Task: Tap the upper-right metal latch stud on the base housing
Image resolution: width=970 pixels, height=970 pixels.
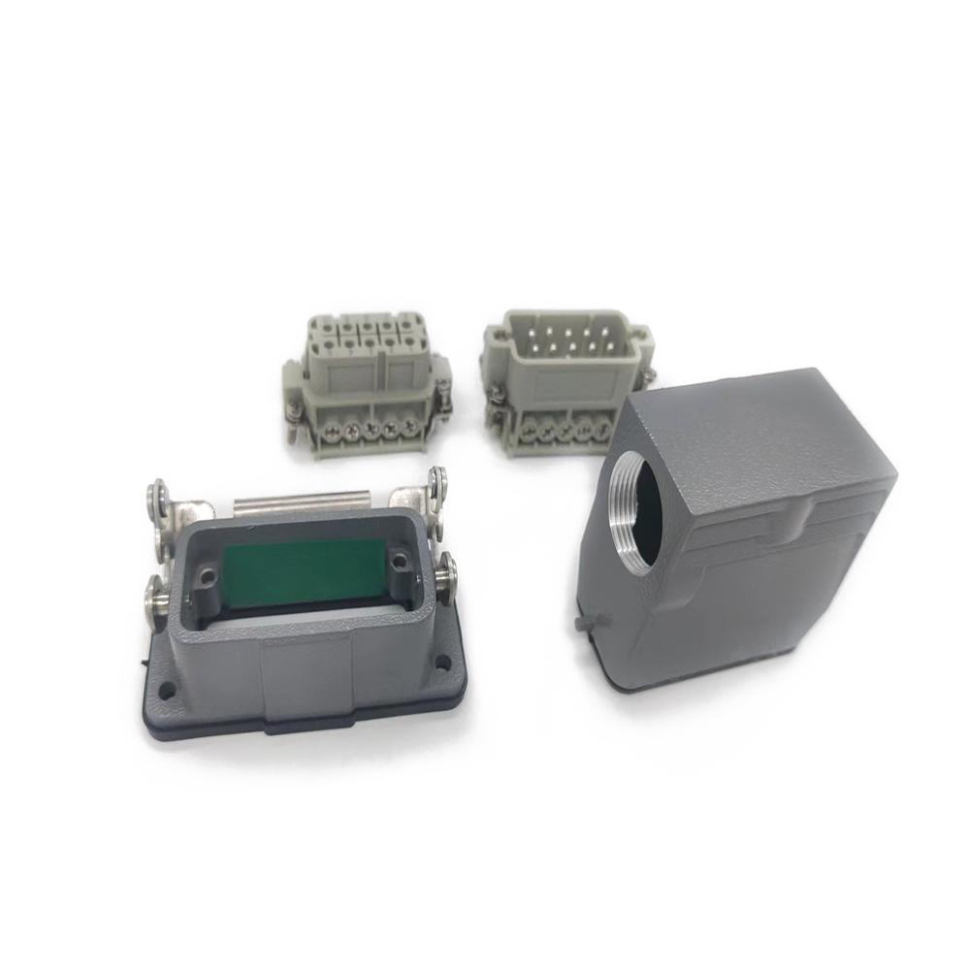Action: (438, 477)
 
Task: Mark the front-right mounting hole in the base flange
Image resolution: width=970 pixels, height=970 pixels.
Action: (442, 665)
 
